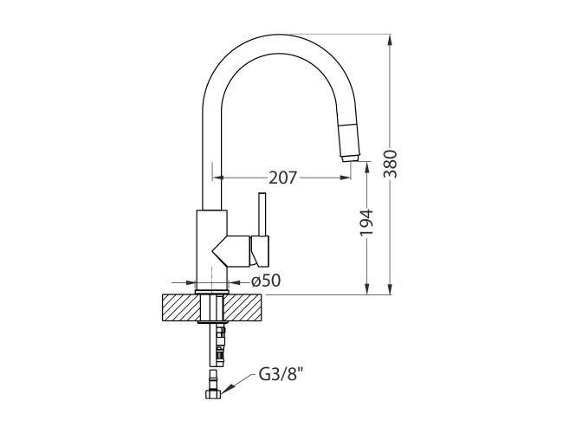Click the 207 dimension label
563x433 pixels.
click(x=283, y=178)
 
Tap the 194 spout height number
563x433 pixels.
click(x=367, y=223)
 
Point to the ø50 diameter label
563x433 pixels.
click(x=265, y=281)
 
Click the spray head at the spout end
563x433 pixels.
click(x=347, y=141)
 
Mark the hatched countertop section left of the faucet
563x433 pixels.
click(x=179, y=307)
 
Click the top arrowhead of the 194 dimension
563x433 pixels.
click(x=368, y=168)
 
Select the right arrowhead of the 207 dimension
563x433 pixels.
click(x=351, y=178)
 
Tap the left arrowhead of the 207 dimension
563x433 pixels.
click(x=219, y=178)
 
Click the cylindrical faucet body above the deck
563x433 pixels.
click(x=211, y=247)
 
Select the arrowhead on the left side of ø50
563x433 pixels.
click(x=191, y=281)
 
